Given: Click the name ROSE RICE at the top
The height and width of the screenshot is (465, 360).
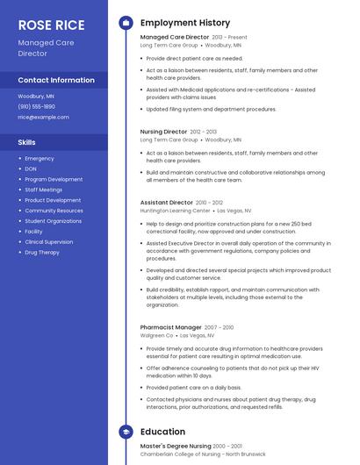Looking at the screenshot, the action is (x=51, y=25).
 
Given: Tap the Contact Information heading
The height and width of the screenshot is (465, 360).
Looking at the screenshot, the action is (x=56, y=80).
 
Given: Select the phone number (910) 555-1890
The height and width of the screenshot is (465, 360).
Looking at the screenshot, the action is (x=36, y=106).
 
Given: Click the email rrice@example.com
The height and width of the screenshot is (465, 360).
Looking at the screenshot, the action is (x=43, y=117).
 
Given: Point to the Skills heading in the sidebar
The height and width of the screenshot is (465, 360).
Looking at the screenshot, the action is (x=27, y=141).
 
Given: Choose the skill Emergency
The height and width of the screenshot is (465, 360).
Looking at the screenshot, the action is (x=40, y=159).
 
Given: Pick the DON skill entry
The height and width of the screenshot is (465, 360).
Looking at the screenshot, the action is (x=31, y=168).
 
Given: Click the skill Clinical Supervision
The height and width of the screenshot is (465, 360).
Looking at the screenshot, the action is (x=49, y=241).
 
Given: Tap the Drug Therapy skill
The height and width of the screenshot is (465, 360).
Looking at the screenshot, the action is (x=42, y=252).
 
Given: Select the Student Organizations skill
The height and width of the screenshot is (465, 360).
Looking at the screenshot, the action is (x=53, y=221).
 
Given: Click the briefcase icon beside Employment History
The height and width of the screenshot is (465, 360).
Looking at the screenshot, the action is (x=126, y=22).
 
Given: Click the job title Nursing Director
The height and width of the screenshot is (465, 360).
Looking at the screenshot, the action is (x=162, y=132).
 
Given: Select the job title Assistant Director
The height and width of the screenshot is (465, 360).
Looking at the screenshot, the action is (x=167, y=203).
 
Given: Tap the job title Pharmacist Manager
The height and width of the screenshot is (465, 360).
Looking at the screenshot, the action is (x=170, y=327).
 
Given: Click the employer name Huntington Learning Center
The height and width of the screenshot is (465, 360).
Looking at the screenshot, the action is (x=175, y=211).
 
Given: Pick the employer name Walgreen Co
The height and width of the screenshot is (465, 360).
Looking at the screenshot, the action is (x=157, y=335).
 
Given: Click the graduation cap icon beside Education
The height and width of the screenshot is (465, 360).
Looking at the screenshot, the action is (x=126, y=432).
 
